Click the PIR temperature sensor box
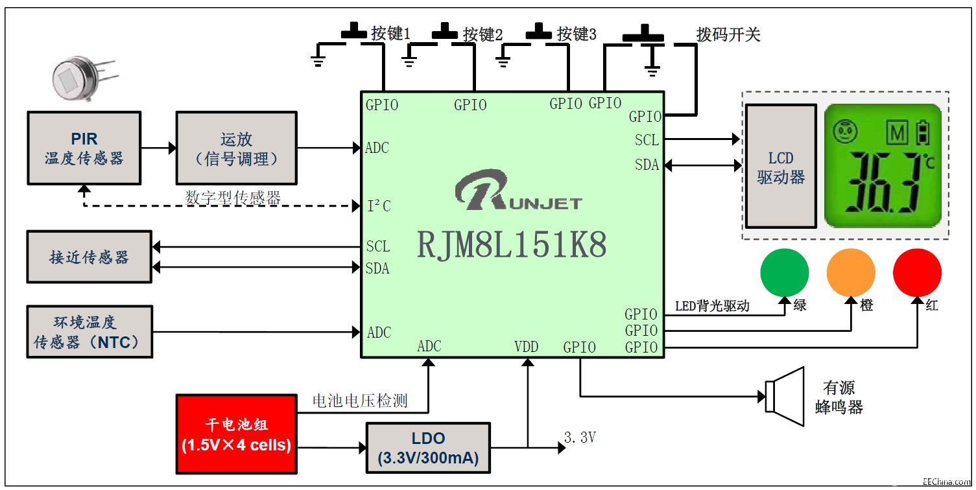pyautogui.click(x=84, y=148)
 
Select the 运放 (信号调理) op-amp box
pyautogui.click(x=236, y=148)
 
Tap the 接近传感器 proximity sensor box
pyautogui.click(x=89, y=257)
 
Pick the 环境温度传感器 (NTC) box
pyautogui.click(x=89, y=332)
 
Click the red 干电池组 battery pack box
pyautogui.click(x=236, y=434)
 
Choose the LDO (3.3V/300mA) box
pyautogui.click(x=428, y=449)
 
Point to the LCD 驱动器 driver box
pyautogui.click(x=781, y=167)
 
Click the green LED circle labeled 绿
pyautogui.click(x=785, y=272)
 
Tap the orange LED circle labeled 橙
pyautogui.click(x=851, y=272)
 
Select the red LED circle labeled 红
pyautogui.click(x=917, y=272)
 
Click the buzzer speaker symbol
pyautogui.click(x=785, y=396)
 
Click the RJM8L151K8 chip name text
pyautogui.click(x=512, y=246)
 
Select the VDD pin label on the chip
pyautogui.click(x=526, y=347)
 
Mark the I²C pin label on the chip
pyautogui.click(x=379, y=206)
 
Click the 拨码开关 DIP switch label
pyautogui.click(x=728, y=34)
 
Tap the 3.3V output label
pyautogui.click(x=580, y=438)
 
